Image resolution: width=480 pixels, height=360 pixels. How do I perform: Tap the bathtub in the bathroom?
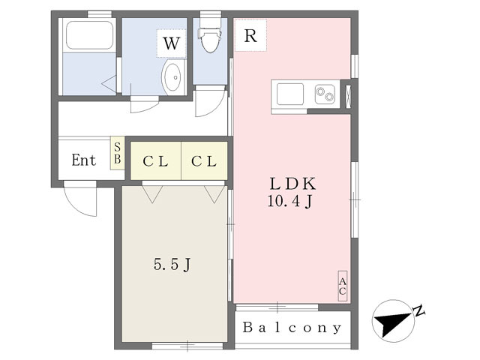(89, 35)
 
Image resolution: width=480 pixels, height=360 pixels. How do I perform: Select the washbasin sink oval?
(172, 77)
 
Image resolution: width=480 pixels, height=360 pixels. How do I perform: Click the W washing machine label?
(171, 43)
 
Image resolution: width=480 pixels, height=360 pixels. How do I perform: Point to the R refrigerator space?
(250, 35)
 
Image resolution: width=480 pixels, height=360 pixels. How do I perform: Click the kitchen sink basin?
(290, 94)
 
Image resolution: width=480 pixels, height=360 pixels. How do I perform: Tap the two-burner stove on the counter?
(325, 94)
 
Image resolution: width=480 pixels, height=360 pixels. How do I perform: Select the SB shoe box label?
(118, 153)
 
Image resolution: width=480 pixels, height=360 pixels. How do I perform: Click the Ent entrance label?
(83, 160)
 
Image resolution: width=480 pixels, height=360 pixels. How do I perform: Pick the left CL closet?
(156, 160)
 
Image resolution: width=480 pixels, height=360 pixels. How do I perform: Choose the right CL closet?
(204, 160)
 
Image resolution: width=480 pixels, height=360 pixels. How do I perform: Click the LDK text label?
(292, 184)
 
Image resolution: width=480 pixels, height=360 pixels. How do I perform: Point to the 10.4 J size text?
(290, 202)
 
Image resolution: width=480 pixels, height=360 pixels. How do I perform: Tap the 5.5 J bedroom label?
(172, 265)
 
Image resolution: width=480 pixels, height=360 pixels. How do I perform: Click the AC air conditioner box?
(343, 286)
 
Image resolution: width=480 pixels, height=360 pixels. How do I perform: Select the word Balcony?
(292, 328)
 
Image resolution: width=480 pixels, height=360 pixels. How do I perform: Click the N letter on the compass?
(418, 310)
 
